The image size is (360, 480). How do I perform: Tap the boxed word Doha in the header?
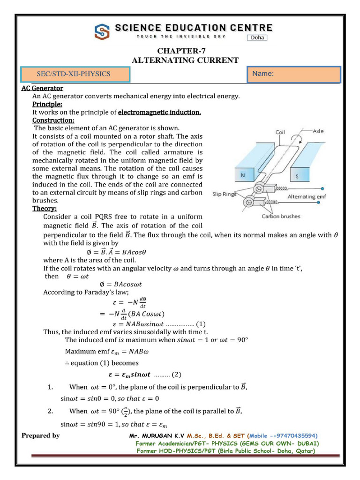[257, 37]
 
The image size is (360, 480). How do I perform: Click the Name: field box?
[294, 75]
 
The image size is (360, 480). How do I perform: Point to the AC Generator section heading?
[42, 88]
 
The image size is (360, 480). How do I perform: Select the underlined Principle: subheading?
[47, 104]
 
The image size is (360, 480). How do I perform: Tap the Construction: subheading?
[53, 120]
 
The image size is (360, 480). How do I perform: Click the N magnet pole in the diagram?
[243, 176]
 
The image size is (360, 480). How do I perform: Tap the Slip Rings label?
[224, 194]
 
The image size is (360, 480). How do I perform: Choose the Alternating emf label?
[307, 197]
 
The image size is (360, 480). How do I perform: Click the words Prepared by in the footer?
[41, 435]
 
